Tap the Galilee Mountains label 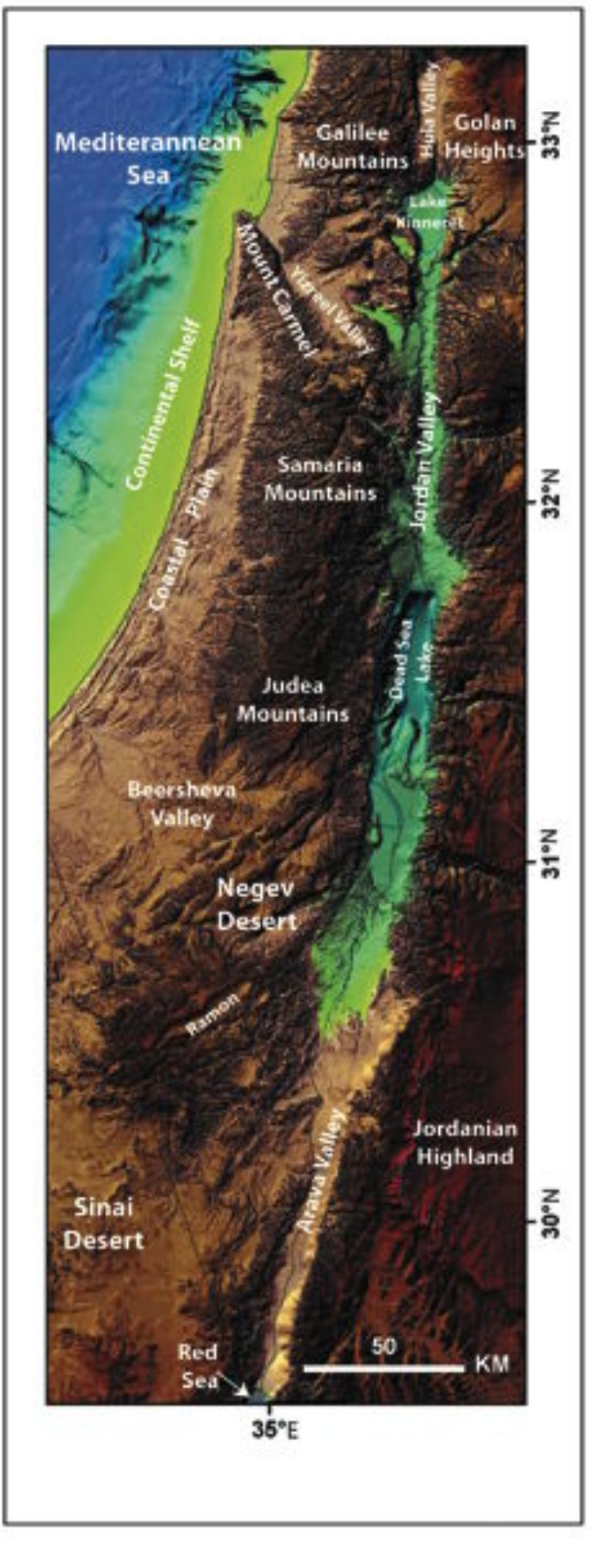pos(353,147)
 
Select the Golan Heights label pos(484,136)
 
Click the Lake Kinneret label pos(429,211)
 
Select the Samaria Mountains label pos(320,478)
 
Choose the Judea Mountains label pos(293,699)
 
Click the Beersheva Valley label pos(182,803)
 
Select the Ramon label pos(213,1011)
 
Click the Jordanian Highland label pos(464,1142)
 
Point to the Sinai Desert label pos(103,1223)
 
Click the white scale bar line pos(384,1368)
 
